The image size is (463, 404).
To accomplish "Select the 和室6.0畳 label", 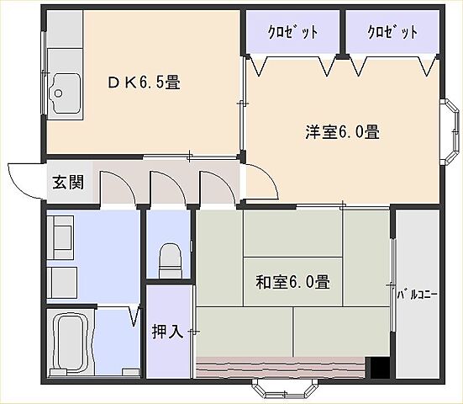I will tap(292, 282).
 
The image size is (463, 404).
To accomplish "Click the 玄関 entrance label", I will tap(68, 182).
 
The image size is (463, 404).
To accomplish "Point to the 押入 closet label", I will tap(168, 331).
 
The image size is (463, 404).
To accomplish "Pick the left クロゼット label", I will tap(292, 33).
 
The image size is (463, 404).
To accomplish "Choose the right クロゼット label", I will tap(392, 33).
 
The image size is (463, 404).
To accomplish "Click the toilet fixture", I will tap(171, 256).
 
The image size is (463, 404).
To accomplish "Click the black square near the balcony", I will tap(379, 367).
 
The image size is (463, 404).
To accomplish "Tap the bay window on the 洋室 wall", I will tap(449, 127).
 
